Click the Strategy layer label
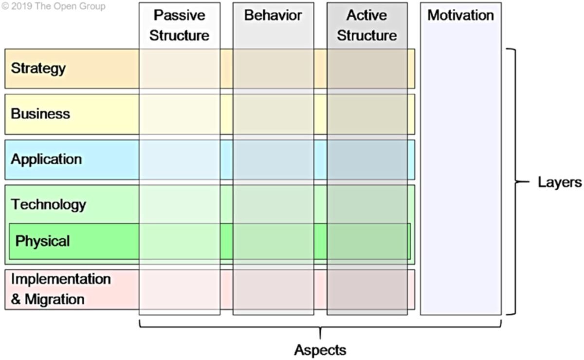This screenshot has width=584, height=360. click(x=38, y=68)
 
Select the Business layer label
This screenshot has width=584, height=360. click(x=40, y=114)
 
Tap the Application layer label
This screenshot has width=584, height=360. click(x=46, y=159)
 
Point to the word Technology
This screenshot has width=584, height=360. click(x=48, y=204)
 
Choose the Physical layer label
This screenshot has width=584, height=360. click(x=43, y=241)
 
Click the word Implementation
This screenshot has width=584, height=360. click(x=61, y=279)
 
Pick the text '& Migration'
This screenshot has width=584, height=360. click(x=48, y=299)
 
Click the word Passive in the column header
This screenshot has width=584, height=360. click(x=179, y=15)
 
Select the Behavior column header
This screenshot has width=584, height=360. click(x=273, y=15)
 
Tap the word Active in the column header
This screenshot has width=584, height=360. click(x=367, y=15)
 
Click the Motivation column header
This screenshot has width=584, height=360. click(x=460, y=15)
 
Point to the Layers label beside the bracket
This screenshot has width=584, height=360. click(x=560, y=182)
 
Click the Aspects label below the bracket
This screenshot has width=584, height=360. click(x=320, y=350)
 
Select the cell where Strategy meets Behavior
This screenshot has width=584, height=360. click(x=273, y=69)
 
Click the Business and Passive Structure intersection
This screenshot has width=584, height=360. click(x=179, y=114)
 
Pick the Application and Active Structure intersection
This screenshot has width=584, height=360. click(x=367, y=160)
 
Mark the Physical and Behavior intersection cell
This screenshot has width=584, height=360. click(x=273, y=241)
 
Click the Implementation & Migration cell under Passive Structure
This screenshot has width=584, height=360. click(x=179, y=289)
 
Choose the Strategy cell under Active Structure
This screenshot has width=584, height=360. click(x=367, y=69)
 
